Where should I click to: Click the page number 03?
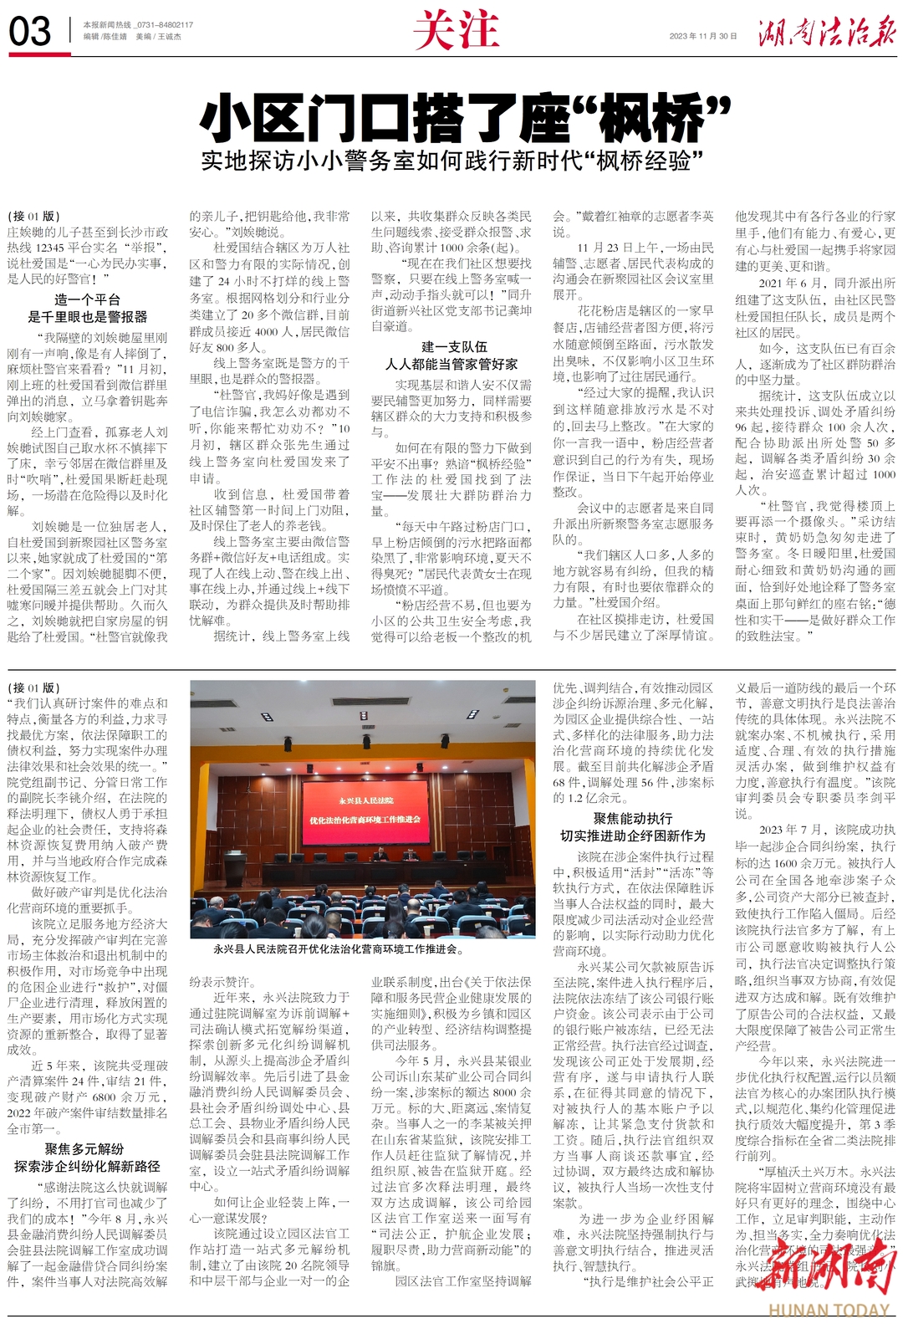(x=30, y=32)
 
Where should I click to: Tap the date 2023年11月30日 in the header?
(x=703, y=36)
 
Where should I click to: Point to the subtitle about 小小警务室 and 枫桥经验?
(x=451, y=160)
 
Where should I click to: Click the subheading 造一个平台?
(x=87, y=300)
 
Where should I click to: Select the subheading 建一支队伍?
(x=453, y=347)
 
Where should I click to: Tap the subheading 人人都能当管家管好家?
(x=451, y=364)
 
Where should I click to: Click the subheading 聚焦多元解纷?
(x=84, y=1149)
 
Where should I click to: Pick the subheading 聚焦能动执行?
(x=633, y=819)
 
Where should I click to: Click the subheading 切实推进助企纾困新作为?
(x=633, y=836)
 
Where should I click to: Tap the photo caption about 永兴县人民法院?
(x=339, y=949)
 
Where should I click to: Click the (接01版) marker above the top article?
(x=33, y=217)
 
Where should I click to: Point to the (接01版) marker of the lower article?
(x=33, y=688)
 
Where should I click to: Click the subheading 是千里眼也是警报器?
(x=87, y=317)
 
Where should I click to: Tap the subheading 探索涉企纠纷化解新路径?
(x=87, y=1166)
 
